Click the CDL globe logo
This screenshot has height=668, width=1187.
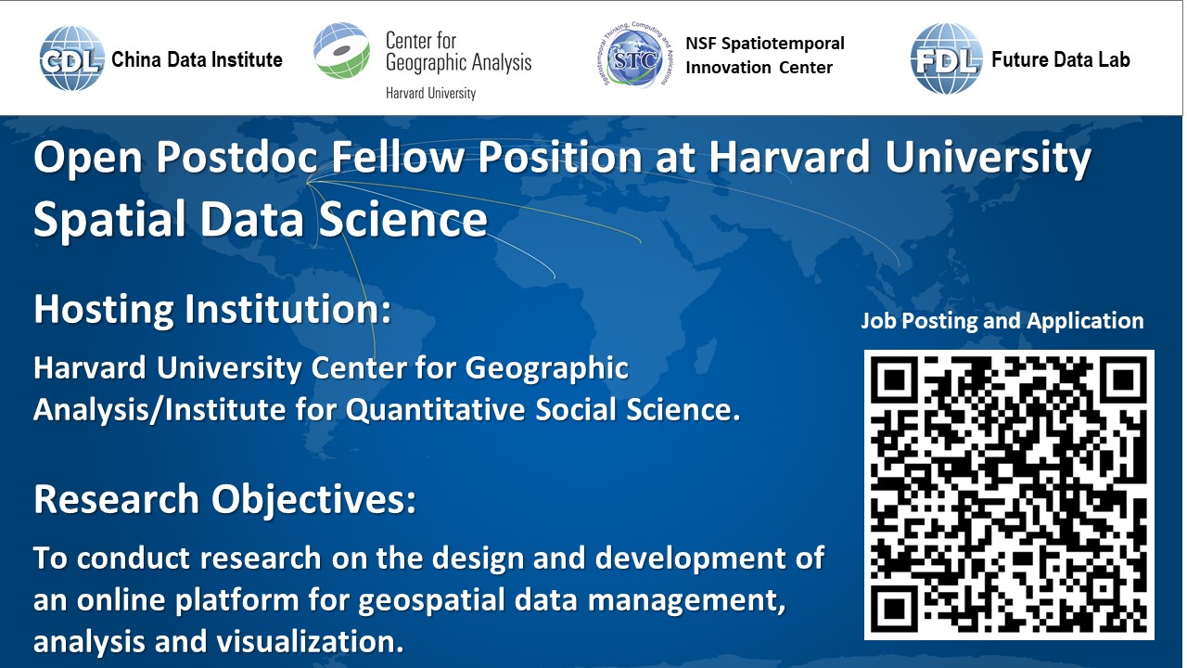coord(71,58)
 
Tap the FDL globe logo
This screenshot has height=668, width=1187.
coord(947,58)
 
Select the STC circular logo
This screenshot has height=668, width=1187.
coord(635,56)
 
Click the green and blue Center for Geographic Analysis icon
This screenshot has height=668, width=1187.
coord(342,50)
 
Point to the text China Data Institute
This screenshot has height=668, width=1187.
coord(197,59)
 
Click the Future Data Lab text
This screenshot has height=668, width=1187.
coord(1060,59)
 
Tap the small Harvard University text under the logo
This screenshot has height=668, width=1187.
coord(430,94)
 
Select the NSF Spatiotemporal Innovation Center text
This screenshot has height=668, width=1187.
coord(765,55)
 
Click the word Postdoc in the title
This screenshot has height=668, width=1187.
coord(236,157)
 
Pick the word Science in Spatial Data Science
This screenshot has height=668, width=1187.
coord(402,218)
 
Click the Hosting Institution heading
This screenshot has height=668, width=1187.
coord(212,310)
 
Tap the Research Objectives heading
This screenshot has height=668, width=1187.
coord(225,499)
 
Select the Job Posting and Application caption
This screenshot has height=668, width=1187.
coord(1002,321)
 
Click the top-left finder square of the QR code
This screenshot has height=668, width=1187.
coord(895,380)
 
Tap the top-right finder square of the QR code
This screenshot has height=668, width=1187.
coord(1123,380)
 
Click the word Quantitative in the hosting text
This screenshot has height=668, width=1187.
coord(435,410)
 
